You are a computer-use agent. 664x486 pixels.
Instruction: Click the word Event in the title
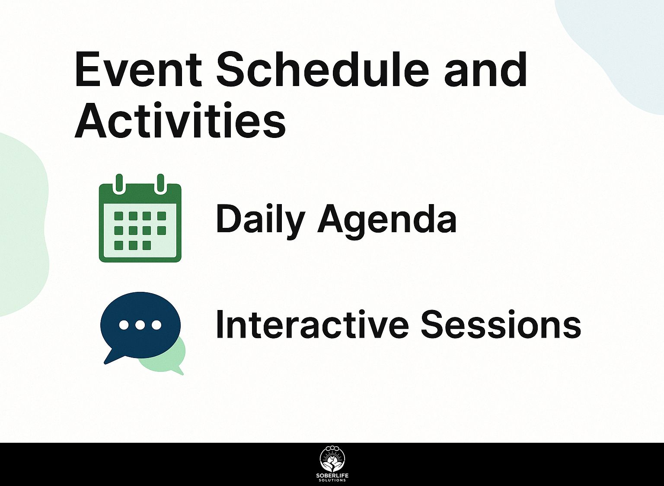pyautogui.click(x=139, y=70)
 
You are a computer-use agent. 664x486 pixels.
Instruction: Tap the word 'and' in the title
pyautogui.click(x=485, y=70)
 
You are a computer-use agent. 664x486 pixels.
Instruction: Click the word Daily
pyautogui.click(x=260, y=222)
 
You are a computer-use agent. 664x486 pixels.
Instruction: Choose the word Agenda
pyautogui.click(x=387, y=222)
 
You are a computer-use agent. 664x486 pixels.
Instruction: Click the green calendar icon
pyautogui.click(x=140, y=218)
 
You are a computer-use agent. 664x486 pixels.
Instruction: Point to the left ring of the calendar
pyautogui.click(x=119, y=183)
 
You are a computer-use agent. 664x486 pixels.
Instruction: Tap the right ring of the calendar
pyautogui.click(x=160, y=183)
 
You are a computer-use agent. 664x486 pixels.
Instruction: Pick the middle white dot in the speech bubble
pyautogui.click(x=140, y=325)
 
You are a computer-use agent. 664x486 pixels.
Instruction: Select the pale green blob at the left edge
pyautogui.click(x=22, y=225)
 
